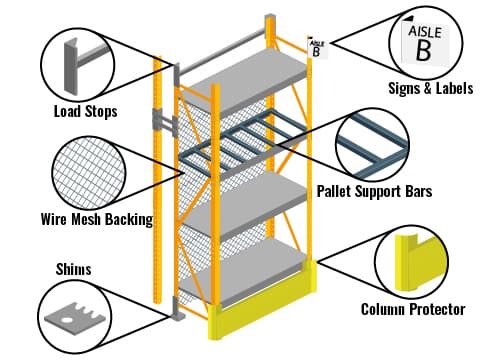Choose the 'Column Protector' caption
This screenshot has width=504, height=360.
(x=413, y=309)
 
